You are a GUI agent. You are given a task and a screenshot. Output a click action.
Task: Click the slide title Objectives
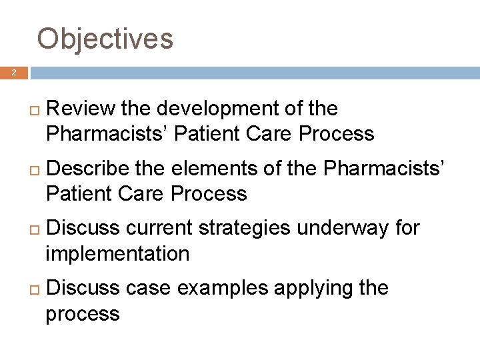(105, 39)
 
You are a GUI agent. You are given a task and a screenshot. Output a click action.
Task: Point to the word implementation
(117, 254)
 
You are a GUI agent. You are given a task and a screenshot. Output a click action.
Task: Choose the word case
(148, 289)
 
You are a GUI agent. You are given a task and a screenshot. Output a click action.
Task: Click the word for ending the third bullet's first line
(407, 229)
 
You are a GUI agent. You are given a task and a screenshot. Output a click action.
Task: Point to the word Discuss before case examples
(84, 289)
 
